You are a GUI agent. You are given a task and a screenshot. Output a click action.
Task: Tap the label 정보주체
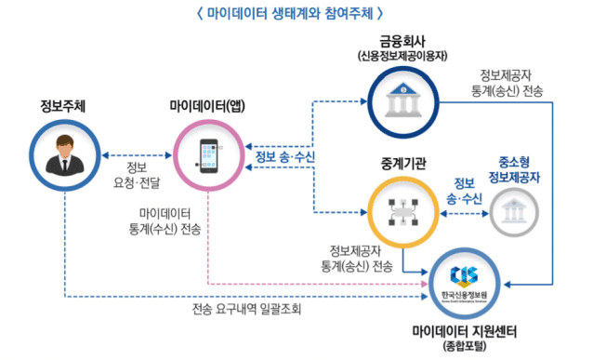tap(64, 105)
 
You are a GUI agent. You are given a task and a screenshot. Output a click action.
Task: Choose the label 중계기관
tap(403, 164)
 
